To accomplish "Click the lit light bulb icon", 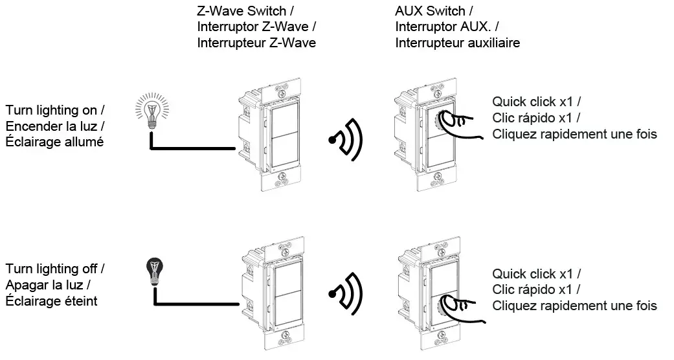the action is [152, 111].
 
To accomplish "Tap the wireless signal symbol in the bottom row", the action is [346, 294].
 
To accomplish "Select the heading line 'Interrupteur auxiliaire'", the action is [457, 43].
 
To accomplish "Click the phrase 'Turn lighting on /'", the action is [55, 110].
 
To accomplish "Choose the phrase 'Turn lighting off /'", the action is [55, 269].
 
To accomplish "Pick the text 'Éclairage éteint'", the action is [52, 300].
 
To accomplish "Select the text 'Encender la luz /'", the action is [55, 126].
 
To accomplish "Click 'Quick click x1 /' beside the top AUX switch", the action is [537, 102].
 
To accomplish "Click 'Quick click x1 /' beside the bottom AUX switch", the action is [537, 273].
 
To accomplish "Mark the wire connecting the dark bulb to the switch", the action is [196, 296].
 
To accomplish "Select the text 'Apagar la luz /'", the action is [48, 285].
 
